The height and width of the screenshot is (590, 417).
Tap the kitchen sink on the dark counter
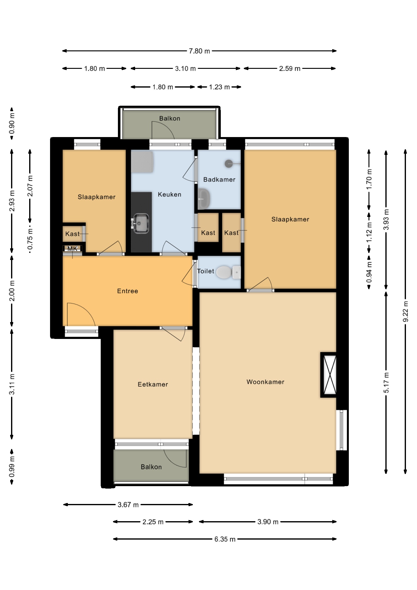point(141,223)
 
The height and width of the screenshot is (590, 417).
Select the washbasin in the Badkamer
point(204,198)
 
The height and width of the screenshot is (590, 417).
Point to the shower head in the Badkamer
point(229,163)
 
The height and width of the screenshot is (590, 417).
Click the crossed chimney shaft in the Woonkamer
point(329,375)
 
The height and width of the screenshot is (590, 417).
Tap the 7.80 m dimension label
point(200,51)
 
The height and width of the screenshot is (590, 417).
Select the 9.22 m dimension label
point(405,312)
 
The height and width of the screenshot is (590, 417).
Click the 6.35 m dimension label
point(225,539)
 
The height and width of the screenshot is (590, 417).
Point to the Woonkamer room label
point(265,382)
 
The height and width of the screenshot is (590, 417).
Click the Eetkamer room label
point(153,384)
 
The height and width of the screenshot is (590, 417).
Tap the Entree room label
point(127,291)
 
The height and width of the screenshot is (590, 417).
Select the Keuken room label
point(170,195)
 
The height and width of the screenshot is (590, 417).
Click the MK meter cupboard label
point(72,249)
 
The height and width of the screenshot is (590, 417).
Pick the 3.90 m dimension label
point(268,522)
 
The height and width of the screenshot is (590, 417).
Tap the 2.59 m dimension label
point(290,69)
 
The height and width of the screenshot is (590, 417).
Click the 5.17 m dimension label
point(386,382)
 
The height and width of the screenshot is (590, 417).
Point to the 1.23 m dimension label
point(220,87)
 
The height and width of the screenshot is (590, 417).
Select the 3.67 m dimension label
point(128,505)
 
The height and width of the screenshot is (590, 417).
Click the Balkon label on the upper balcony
point(170,118)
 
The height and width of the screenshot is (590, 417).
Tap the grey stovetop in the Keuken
point(142,161)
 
